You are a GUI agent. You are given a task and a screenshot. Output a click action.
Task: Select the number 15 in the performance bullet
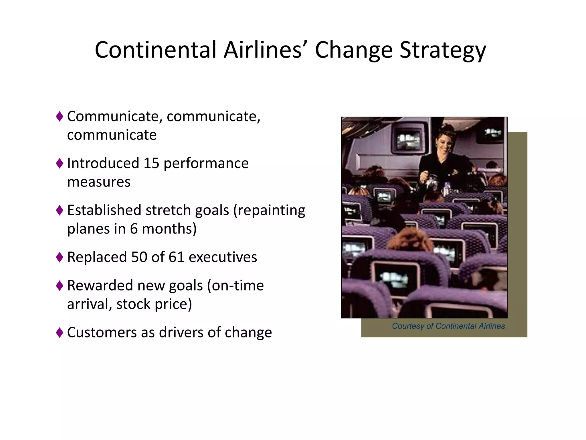pyautogui.click(x=151, y=163)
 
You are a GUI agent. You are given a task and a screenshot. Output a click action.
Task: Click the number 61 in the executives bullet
pyautogui.click(x=176, y=257)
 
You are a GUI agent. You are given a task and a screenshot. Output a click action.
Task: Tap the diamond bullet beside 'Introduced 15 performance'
pyautogui.click(x=60, y=164)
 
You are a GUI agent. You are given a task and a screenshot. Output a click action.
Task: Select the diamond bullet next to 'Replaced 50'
pyautogui.click(x=60, y=257)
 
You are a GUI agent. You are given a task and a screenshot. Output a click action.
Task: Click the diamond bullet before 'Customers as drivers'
pyautogui.click(x=60, y=333)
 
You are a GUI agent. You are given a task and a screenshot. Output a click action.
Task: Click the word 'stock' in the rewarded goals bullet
pyautogui.click(x=133, y=304)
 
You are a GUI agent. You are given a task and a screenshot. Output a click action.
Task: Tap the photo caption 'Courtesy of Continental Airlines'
pyautogui.click(x=448, y=326)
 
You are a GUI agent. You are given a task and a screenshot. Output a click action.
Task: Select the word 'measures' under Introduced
pyautogui.click(x=99, y=182)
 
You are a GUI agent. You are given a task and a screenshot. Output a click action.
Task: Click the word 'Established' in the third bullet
pyautogui.click(x=104, y=210)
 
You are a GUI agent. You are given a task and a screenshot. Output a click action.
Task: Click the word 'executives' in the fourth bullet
pyautogui.click(x=223, y=257)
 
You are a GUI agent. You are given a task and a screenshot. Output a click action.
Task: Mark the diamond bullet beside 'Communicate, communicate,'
pyautogui.click(x=60, y=117)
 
